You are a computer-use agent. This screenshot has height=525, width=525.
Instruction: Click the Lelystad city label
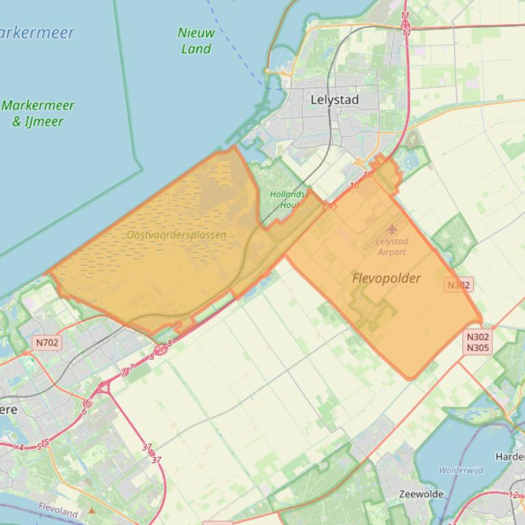click(x=334, y=100)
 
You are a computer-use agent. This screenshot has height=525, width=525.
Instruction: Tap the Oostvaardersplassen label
click(x=176, y=235)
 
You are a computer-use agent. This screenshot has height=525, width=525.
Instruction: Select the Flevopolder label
click(x=387, y=278)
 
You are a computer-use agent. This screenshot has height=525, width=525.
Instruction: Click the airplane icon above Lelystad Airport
click(x=392, y=230)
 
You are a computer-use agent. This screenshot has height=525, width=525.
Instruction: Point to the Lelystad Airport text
click(x=391, y=247)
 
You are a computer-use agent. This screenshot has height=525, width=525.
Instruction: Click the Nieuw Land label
click(x=196, y=40)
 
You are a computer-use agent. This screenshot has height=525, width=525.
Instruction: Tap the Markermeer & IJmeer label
click(x=37, y=113)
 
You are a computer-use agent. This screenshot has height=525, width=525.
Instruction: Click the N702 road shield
click(x=47, y=342)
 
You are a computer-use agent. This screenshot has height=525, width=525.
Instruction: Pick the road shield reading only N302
click(x=458, y=285)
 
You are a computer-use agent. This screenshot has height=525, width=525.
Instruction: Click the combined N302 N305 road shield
click(x=478, y=342)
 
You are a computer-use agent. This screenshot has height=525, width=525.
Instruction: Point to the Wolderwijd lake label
click(x=461, y=470)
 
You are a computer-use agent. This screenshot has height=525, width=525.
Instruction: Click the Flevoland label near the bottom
click(x=58, y=509)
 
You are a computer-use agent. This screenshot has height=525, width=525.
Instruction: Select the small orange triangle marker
click(x=92, y=510)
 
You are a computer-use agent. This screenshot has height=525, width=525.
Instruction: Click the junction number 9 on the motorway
click(x=330, y=207)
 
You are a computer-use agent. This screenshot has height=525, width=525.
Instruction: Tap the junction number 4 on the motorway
click(x=21, y=447)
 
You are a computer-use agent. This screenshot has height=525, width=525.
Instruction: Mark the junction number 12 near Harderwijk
click(x=513, y=495)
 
